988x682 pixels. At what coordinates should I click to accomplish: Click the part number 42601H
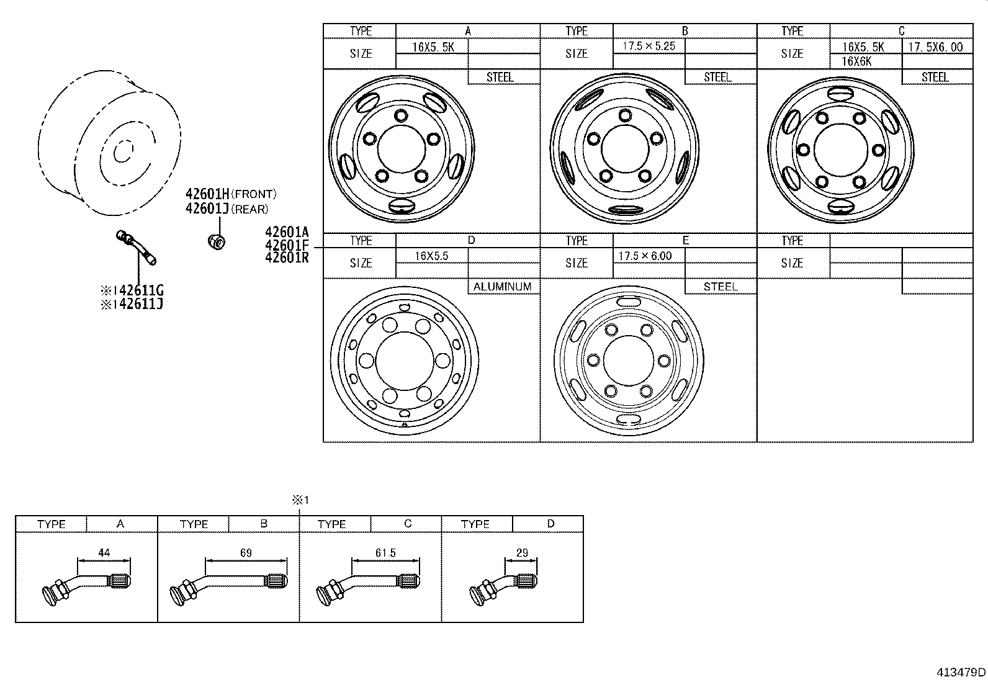[207, 194]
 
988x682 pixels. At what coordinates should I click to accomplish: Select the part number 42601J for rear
[207, 209]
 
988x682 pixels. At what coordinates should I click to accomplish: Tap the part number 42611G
[141, 290]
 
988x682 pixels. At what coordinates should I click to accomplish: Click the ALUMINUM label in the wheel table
[503, 287]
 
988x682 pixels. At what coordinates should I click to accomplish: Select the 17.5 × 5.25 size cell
[648, 47]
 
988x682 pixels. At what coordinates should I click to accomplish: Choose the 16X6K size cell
[857, 61]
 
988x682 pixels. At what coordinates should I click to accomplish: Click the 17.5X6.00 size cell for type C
[936, 47]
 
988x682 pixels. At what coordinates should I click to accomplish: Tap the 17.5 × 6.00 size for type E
[645, 256]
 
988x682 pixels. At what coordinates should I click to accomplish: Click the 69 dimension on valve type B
[246, 552]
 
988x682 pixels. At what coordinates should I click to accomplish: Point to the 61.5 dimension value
[386, 552]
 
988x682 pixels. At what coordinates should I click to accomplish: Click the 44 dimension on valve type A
[104, 552]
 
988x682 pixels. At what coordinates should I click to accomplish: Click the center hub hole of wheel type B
[623, 147]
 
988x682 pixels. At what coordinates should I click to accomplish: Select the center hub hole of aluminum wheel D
[404, 361]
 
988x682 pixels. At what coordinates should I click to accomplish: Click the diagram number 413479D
[961, 672]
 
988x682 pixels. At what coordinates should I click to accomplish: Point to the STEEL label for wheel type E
[720, 287]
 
